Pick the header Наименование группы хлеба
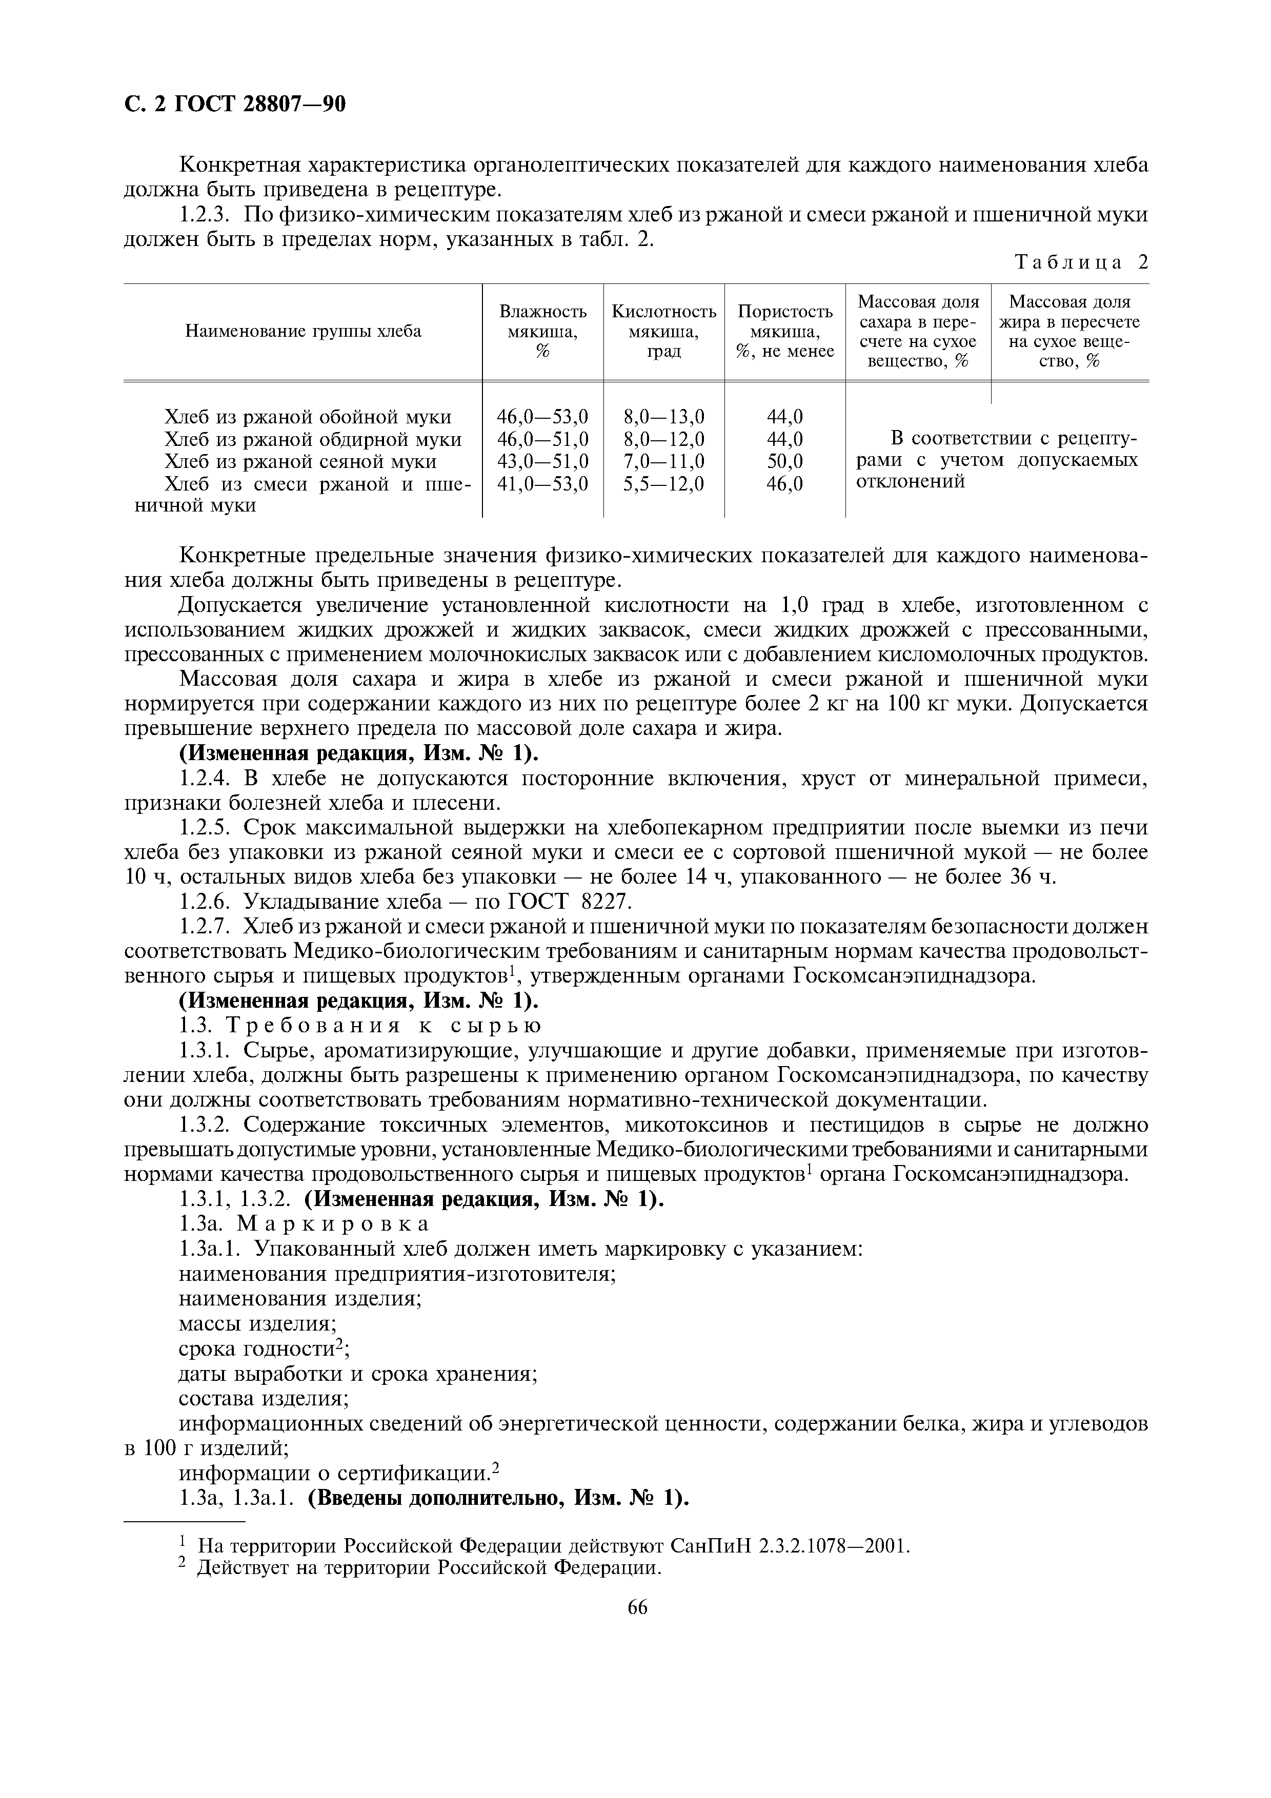303,331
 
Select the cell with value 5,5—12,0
663,484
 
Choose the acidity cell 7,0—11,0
663,461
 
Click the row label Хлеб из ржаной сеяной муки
301,461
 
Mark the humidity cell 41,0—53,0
543,484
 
